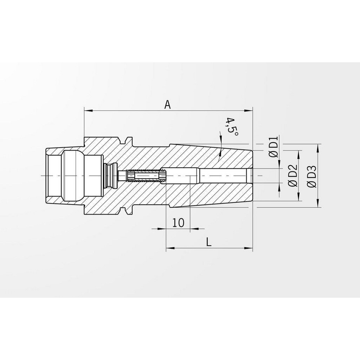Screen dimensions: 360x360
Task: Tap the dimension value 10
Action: point(178,222)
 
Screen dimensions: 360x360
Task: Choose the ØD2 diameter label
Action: point(292,175)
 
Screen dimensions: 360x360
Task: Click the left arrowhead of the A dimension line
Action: point(86,109)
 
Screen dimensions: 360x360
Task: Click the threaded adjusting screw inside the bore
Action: point(146,176)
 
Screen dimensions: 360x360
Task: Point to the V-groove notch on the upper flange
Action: point(128,139)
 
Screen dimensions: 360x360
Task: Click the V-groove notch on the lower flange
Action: point(128,212)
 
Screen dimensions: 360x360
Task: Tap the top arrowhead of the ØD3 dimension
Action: point(318,147)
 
